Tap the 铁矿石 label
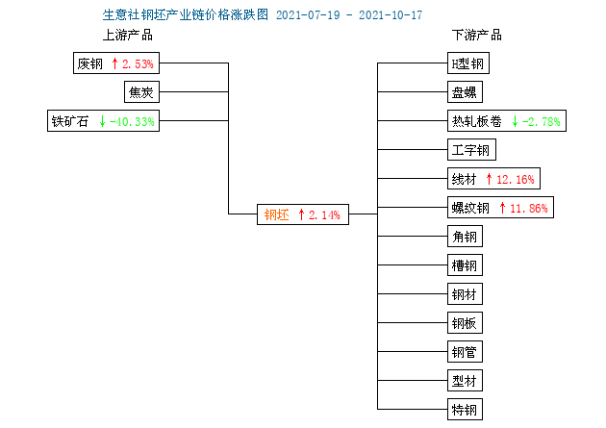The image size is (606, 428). [70, 121]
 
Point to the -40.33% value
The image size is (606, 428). [132, 122]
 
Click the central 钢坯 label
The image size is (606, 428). [277, 214]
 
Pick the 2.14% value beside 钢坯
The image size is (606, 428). [324, 214]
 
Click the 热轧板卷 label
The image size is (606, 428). [476, 121]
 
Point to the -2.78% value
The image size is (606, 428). [541, 122]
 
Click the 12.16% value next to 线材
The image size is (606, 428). [516, 179]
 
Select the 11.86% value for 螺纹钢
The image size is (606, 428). [529, 208]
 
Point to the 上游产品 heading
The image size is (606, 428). [128, 35]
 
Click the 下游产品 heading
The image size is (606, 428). [477, 35]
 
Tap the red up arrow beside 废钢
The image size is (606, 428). [114, 63]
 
